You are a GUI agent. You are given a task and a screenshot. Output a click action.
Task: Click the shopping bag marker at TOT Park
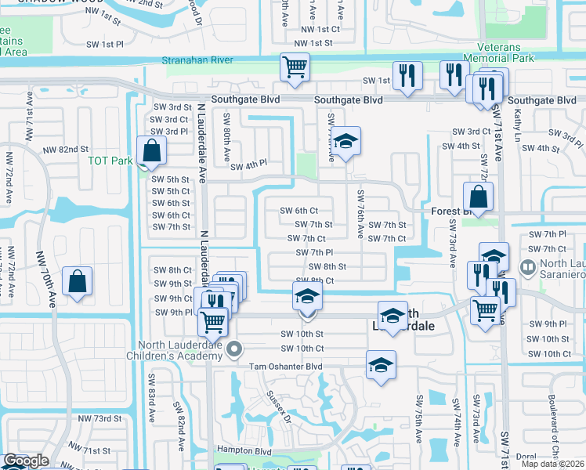click(151, 151)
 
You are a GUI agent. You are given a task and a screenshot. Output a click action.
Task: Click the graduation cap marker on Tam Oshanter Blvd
click(381, 365)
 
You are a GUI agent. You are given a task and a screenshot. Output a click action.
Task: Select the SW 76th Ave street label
click(360, 214)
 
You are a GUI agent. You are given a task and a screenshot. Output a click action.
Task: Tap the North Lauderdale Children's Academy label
click(181, 350)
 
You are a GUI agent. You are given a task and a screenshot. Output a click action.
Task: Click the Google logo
click(25, 461)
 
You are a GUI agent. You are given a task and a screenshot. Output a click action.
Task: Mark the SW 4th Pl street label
click(249, 165)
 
